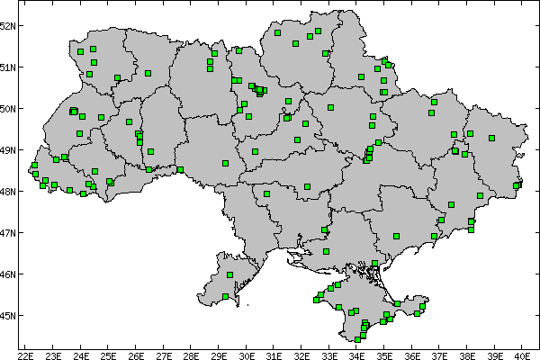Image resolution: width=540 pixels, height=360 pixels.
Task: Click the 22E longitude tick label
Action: [26, 355]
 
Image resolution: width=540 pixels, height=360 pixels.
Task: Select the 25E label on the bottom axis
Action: [109, 355]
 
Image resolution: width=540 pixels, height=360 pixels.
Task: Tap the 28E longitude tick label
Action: [192, 355]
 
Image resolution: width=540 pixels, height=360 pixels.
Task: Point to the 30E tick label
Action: [247, 355]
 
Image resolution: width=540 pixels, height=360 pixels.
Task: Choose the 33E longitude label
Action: [329, 355]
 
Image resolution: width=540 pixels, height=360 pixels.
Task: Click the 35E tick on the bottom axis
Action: [384, 355]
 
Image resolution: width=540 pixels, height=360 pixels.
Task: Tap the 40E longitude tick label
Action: [522, 355]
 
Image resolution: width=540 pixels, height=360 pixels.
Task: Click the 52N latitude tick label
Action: [9, 25]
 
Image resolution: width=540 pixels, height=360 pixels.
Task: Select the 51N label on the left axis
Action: [9, 67]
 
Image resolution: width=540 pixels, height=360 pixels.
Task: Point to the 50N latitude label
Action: [9, 108]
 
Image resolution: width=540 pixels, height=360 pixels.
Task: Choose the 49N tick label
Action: [9, 149]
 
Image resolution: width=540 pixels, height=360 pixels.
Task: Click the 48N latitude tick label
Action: [9, 191]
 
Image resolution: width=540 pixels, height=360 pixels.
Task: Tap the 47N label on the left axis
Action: [9, 232]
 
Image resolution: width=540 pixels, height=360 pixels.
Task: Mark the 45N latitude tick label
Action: [9, 315]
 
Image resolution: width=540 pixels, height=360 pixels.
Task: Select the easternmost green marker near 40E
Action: [517, 185]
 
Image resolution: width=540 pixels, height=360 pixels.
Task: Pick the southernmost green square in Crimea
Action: [361, 339]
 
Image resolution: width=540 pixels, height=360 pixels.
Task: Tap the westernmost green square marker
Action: [34, 166]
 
